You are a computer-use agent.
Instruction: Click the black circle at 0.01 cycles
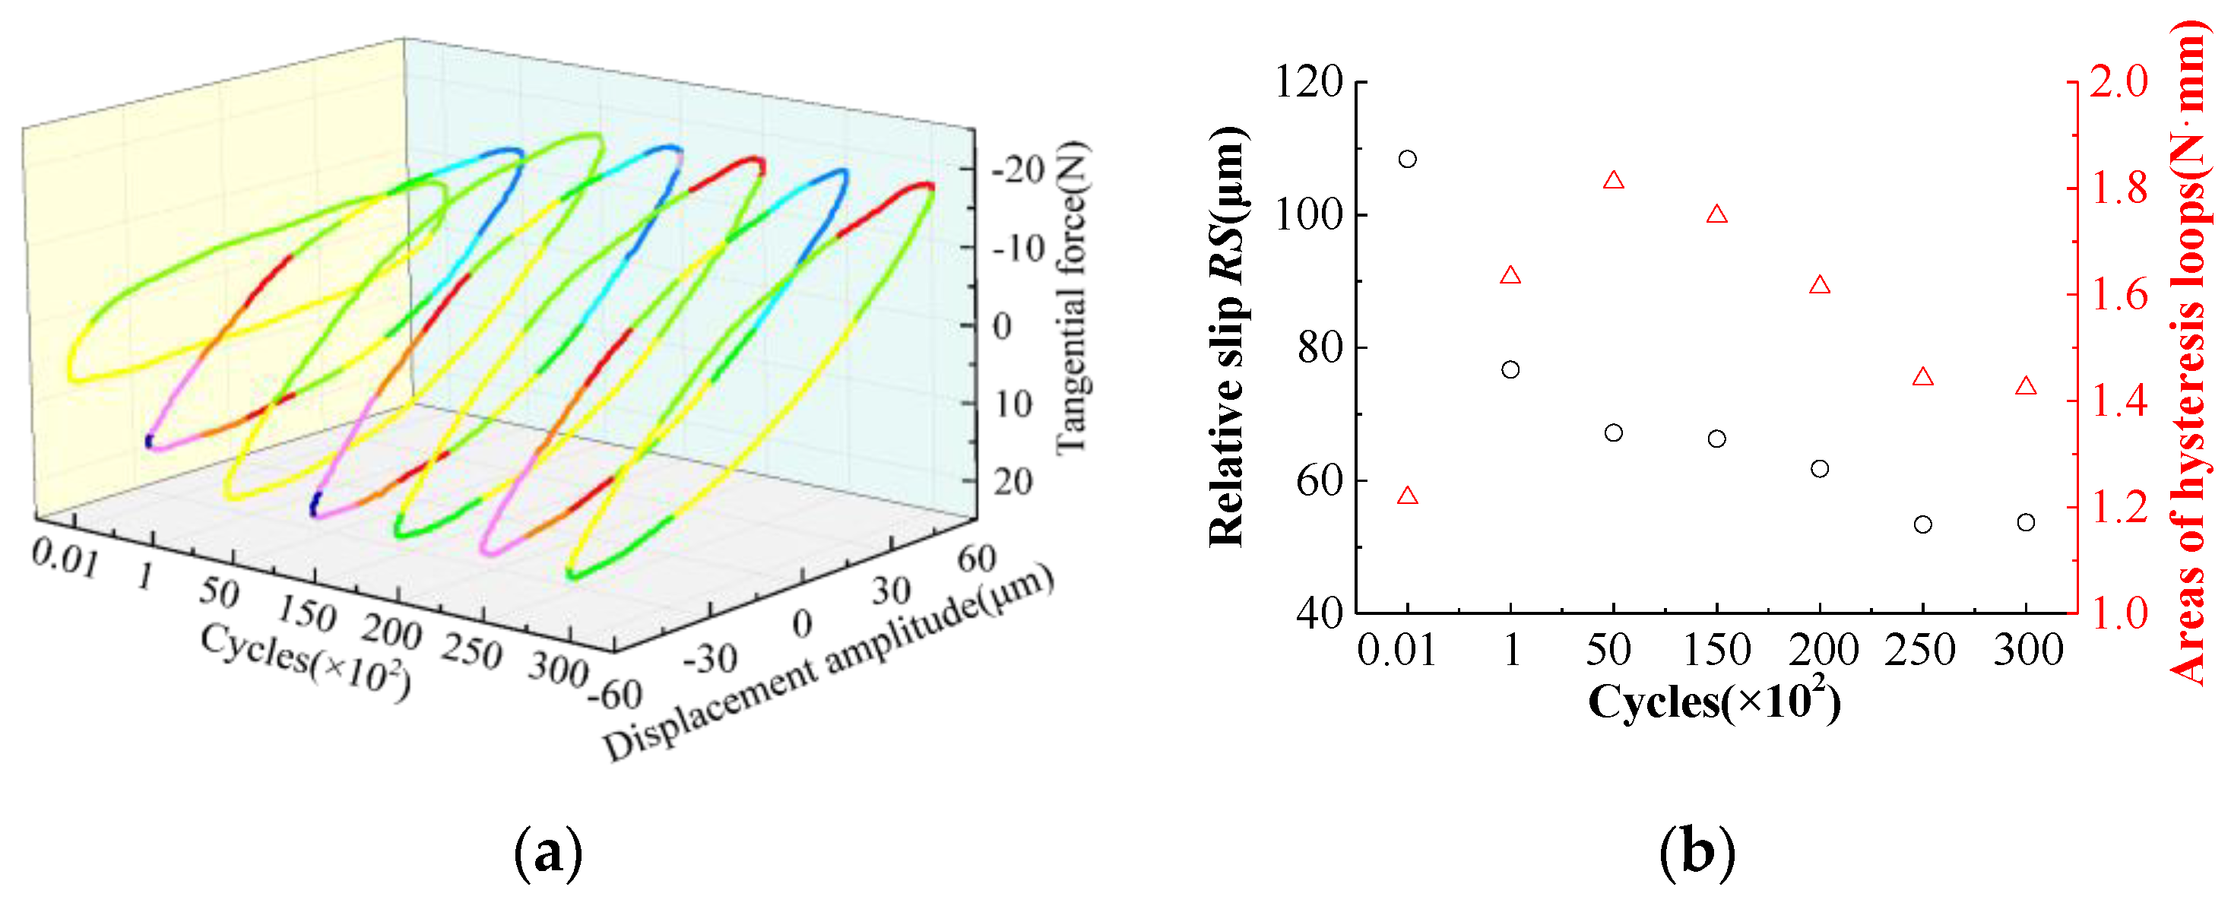click(x=1407, y=160)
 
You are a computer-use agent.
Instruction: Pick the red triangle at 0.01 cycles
click(x=1407, y=496)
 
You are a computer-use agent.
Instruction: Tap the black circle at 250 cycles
click(x=1922, y=524)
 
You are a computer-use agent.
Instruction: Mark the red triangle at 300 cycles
click(x=2026, y=386)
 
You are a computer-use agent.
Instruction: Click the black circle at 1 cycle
click(x=1510, y=370)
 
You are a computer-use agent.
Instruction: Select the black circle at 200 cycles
click(x=1820, y=469)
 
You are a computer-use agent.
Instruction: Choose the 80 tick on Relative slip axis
click(x=1320, y=348)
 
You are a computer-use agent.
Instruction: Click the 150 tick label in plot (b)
click(x=1716, y=651)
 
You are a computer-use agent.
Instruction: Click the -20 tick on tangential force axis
click(x=1019, y=170)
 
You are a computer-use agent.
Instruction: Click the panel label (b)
click(x=1697, y=852)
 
